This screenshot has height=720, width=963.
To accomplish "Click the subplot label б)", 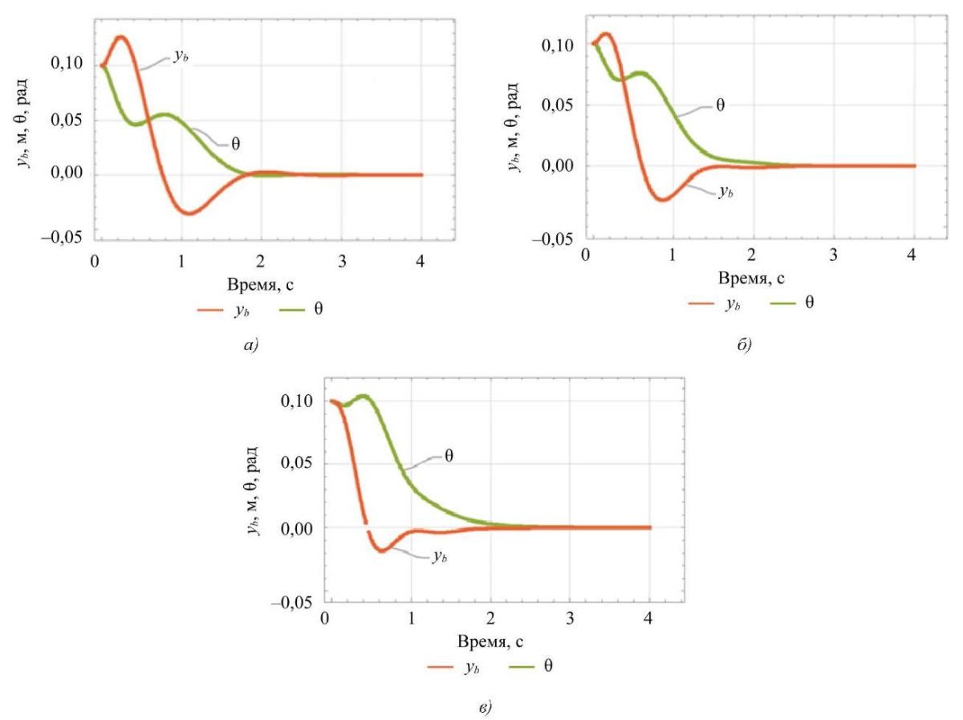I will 742,345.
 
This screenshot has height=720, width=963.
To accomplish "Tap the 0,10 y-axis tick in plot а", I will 68,65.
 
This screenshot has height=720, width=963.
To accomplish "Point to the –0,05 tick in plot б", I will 551,238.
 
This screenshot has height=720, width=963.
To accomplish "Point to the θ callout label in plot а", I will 235,144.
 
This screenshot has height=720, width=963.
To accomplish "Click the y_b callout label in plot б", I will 726,192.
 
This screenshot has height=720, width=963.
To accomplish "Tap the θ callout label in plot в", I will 449,455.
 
